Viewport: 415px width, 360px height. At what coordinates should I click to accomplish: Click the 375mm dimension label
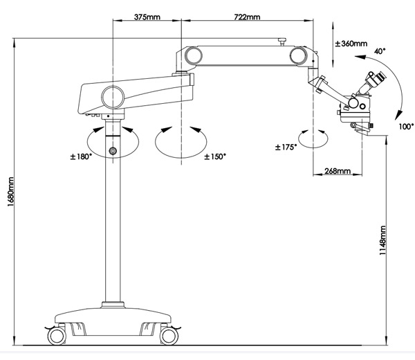tap(147, 17)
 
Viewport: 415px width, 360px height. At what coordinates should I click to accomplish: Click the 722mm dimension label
tap(247, 17)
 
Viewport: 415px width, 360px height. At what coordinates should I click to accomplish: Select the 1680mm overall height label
tap(10, 192)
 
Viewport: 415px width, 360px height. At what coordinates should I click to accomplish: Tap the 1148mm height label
tap(382, 240)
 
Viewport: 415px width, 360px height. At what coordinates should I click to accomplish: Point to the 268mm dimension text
tap(338, 171)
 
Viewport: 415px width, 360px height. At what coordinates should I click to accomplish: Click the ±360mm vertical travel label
tap(351, 44)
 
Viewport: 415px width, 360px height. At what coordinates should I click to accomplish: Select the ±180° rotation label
tap(81, 157)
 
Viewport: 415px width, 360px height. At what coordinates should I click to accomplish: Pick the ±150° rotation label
tap(215, 157)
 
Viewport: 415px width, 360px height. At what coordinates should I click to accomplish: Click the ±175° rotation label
tap(286, 147)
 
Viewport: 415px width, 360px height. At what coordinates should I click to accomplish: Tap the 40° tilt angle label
tap(380, 51)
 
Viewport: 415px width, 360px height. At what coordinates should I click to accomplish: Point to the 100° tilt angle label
tap(406, 127)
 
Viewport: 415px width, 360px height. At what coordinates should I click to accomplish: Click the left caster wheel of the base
tap(57, 336)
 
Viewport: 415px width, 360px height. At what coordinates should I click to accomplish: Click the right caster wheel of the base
tap(169, 336)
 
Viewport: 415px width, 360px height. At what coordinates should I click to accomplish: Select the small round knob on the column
tap(113, 151)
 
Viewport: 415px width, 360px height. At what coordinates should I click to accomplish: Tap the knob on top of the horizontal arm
tap(282, 42)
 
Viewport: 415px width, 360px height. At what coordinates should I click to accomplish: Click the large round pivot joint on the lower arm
tap(113, 97)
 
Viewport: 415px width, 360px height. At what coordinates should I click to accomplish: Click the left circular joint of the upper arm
tap(194, 56)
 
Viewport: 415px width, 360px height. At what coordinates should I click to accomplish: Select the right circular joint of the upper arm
tap(298, 55)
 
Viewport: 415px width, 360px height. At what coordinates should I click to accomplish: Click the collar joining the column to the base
tap(113, 305)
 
